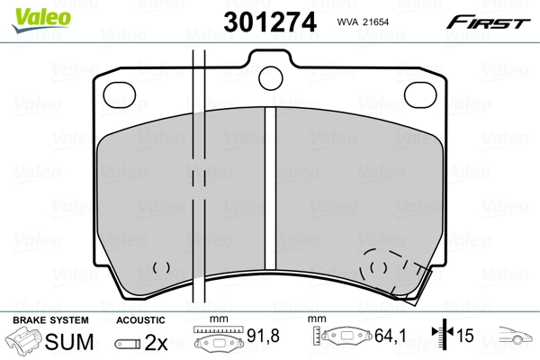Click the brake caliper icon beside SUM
pyautogui.click(x=25, y=343)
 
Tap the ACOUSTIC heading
pyautogui.click(x=141, y=319)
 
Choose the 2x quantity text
pyautogui.click(x=157, y=343)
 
